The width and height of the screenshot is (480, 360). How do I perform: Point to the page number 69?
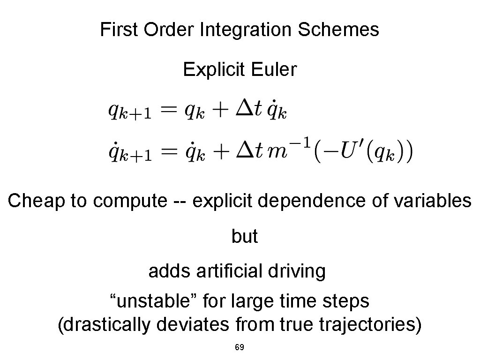(x=239, y=348)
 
